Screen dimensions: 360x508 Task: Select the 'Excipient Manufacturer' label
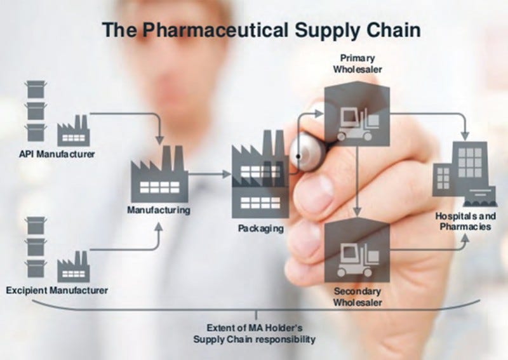tap(57, 290)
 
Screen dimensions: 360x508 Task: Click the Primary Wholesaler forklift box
tap(356, 114)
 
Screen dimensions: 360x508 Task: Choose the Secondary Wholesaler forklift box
tap(356, 250)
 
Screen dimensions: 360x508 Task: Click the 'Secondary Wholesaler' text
tap(358, 297)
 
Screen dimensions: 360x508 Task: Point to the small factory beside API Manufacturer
tap(74, 131)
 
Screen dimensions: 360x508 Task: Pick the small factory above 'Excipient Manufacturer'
tap(74, 267)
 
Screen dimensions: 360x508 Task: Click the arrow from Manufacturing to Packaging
tap(210, 173)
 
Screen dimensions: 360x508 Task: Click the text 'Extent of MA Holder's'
tap(254, 328)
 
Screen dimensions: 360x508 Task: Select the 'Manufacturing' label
tap(158, 210)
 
